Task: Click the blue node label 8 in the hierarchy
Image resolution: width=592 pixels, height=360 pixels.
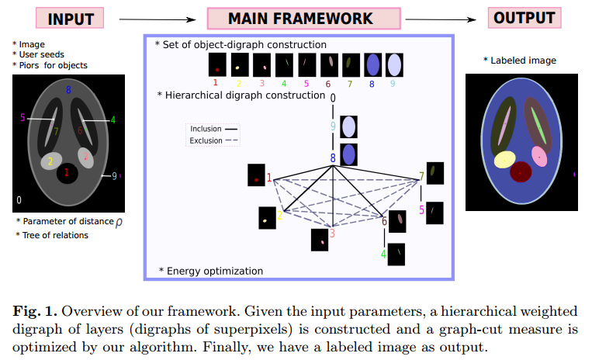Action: tap(333, 158)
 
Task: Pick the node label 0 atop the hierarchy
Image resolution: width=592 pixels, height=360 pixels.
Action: tap(333, 98)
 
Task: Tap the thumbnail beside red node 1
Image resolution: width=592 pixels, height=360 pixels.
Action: tap(257, 175)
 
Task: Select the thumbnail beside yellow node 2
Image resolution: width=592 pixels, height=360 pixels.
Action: tap(268, 218)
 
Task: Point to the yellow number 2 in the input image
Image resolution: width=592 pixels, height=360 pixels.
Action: tap(50, 161)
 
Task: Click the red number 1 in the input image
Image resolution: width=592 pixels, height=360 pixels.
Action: tap(67, 172)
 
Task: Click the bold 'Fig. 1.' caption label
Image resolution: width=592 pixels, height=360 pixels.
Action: tap(33, 311)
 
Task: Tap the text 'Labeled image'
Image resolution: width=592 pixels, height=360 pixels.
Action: tap(523, 61)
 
